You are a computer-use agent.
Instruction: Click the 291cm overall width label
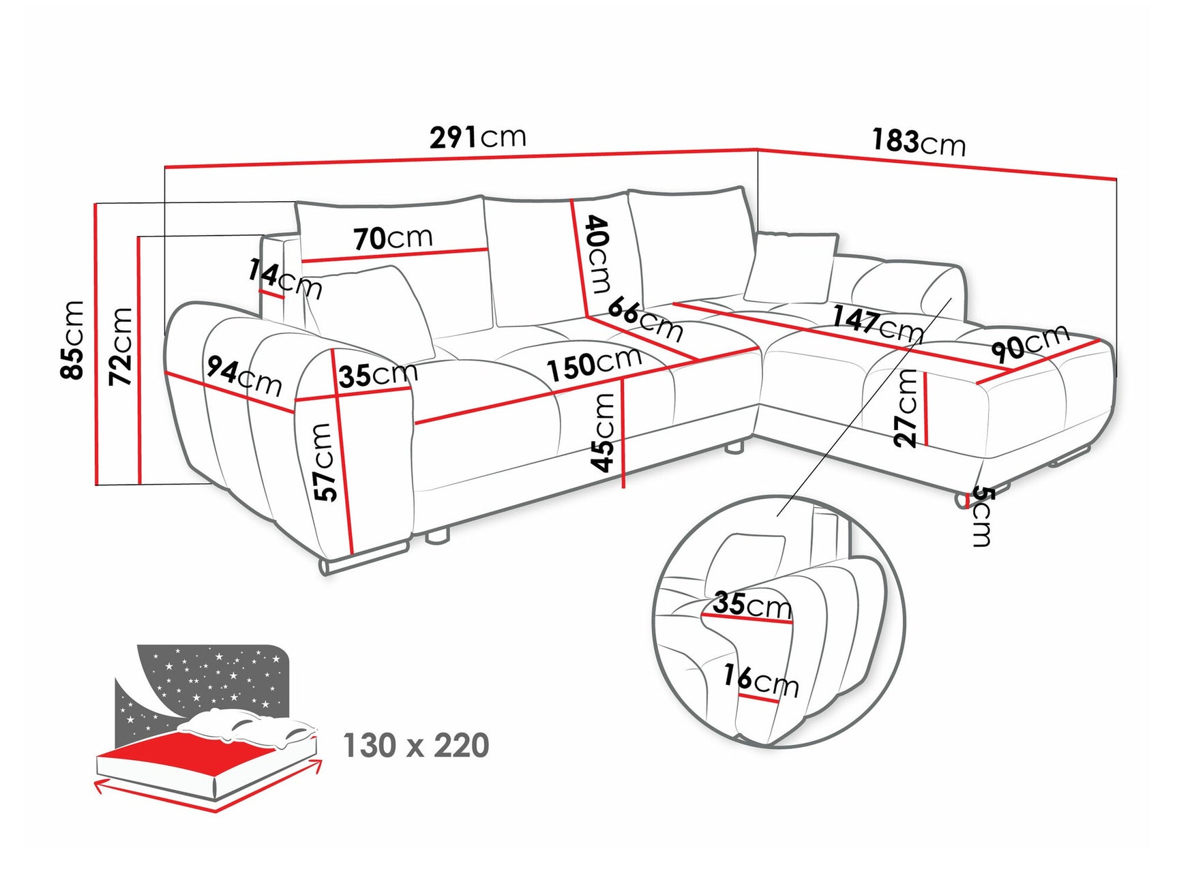(477, 137)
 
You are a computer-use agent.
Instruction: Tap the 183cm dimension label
(918, 142)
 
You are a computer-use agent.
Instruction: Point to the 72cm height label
(121, 346)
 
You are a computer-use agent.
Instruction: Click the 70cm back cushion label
(393, 238)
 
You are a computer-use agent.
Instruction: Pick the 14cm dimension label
(284, 277)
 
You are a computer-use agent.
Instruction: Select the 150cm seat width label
(594, 363)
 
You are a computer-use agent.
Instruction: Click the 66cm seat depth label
(644, 318)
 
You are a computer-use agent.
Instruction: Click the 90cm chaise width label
(1030, 343)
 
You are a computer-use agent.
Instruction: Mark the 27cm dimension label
(906, 408)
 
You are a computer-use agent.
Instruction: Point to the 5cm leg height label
(981, 515)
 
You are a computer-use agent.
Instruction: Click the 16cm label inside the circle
(760, 680)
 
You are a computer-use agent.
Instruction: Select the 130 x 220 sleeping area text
(416, 746)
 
